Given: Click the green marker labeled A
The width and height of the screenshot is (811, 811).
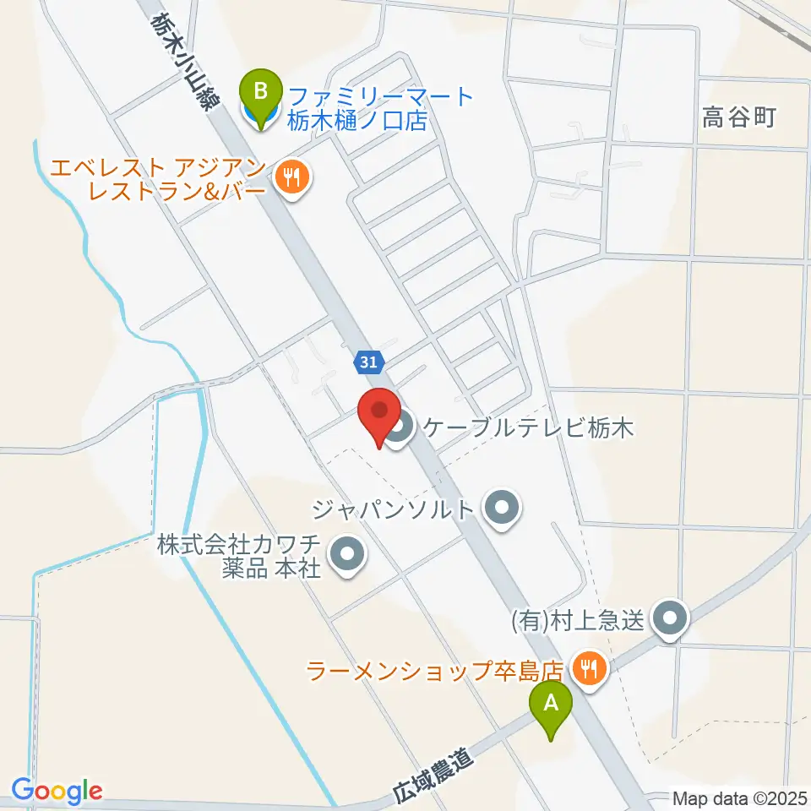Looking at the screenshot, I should coord(551,703).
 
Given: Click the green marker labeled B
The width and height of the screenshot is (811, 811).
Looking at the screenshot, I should coord(260,90).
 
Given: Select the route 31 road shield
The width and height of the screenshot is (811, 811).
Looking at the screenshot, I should coord(367,362).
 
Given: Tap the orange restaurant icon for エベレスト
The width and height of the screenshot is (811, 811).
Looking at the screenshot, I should coord(291,177).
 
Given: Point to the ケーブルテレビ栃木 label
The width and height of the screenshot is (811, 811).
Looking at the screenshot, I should coord(527,428).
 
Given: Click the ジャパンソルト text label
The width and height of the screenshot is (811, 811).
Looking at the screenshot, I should coord(394,509).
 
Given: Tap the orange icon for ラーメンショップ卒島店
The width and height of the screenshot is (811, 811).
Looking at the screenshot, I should coord(585,670).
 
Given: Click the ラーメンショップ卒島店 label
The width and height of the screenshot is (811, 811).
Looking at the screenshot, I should coord(435,672).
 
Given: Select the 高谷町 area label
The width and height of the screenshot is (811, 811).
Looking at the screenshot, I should coord(738,118).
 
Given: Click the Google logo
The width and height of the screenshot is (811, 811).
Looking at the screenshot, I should coord(57,791).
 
